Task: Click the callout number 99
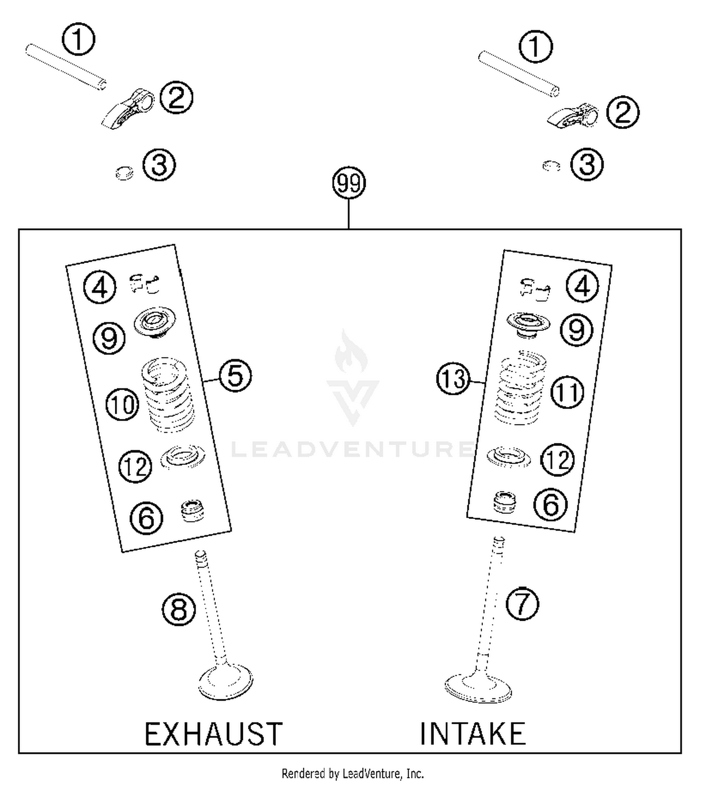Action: pyautogui.click(x=349, y=183)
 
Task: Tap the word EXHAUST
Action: pyautogui.click(x=213, y=734)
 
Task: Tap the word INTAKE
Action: pyautogui.click(x=473, y=734)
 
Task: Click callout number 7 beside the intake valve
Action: pyautogui.click(x=522, y=604)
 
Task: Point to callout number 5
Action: pyautogui.click(x=235, y=376)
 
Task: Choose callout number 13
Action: pyautogui.click(x=453, y=379)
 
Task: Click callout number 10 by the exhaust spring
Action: pyautogui.click(x=122, y=404)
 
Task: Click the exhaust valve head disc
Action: pyautogui.click(x=225, y=681)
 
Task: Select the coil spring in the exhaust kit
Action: pyautogui.click(x=168, y=394)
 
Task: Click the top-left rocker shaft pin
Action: pyautogui.click(x=65, y=66)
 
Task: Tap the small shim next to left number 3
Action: pyautogui.click(x=124, y=173)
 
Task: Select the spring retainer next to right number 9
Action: pyautogui.click(x=528, y=325)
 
